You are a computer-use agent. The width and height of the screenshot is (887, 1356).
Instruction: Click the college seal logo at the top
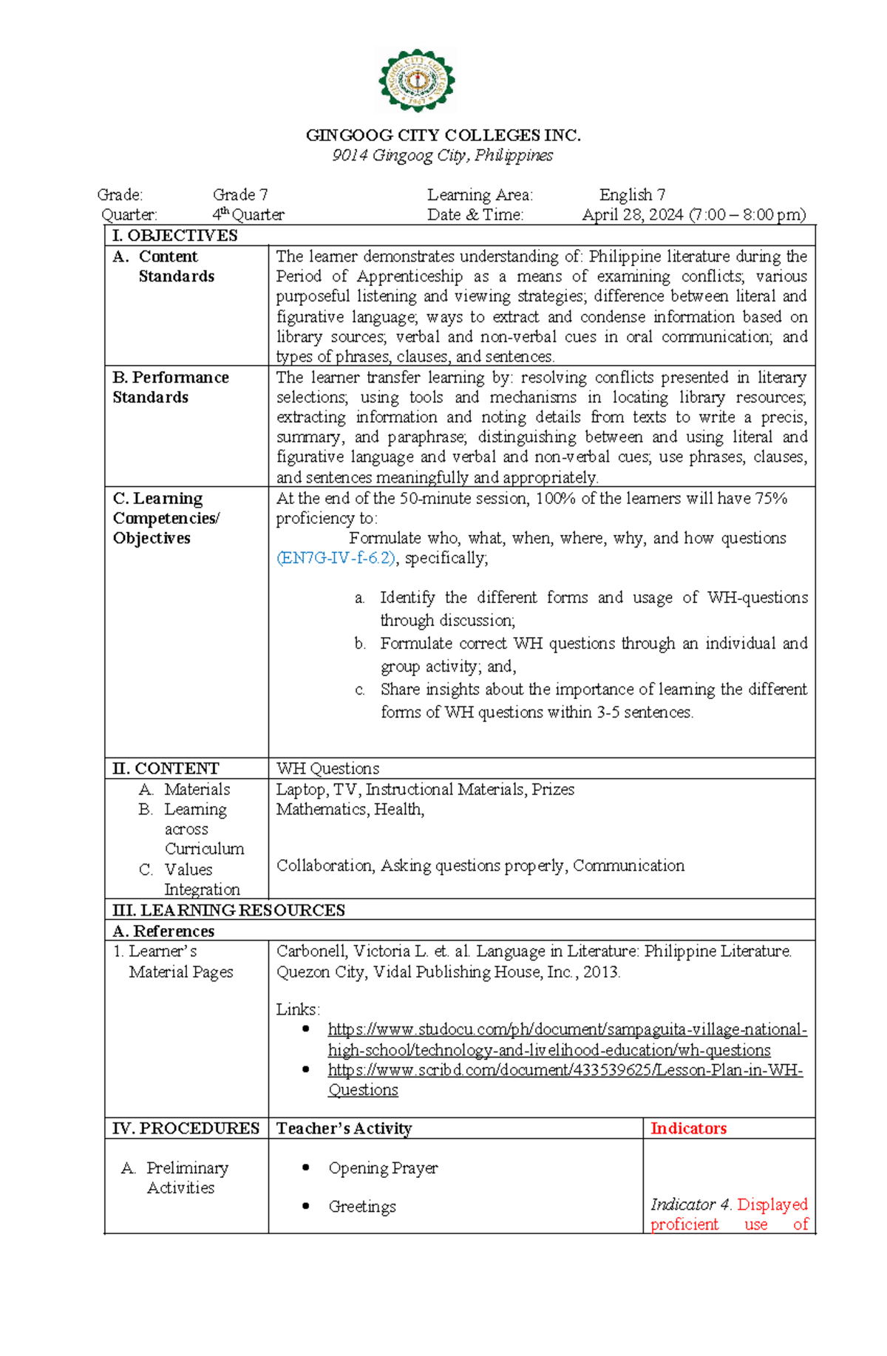coord(417,81)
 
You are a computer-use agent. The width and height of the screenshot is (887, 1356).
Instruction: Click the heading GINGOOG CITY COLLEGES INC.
coord(443,135)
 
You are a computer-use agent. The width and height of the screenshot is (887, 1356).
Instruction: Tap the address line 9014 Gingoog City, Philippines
coord(442,155)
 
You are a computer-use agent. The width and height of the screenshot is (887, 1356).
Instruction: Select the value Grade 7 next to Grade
coord(240,195)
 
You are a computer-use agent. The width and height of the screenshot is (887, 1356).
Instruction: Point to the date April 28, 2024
coord(633,215)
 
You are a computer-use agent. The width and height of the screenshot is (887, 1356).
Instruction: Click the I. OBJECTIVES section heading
coord(174,236)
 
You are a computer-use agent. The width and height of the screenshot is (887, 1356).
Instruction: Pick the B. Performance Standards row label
coord(170,387)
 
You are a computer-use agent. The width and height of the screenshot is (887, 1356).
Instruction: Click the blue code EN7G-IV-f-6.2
coord(336,558)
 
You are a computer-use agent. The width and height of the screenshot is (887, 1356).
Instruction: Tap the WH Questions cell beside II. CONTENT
coord(327,769)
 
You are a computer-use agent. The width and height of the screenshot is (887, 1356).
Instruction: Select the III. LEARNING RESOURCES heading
coord(228,910)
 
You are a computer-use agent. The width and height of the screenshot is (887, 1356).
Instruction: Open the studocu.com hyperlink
coord(567,1030)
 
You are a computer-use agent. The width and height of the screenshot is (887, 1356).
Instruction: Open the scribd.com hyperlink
coord(565,1070)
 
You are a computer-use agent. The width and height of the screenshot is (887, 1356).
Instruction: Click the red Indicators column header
coord(688,1128)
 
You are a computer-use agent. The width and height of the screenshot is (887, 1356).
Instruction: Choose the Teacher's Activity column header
coord(344,1128)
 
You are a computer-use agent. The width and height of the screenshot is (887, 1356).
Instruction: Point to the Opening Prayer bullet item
coord(383,1168)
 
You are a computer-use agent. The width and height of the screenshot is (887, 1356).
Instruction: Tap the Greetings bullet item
coord(362,1207)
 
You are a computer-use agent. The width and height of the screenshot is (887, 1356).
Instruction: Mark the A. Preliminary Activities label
coord(180,1178)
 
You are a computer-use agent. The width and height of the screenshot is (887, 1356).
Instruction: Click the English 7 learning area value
coord(632,195)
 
